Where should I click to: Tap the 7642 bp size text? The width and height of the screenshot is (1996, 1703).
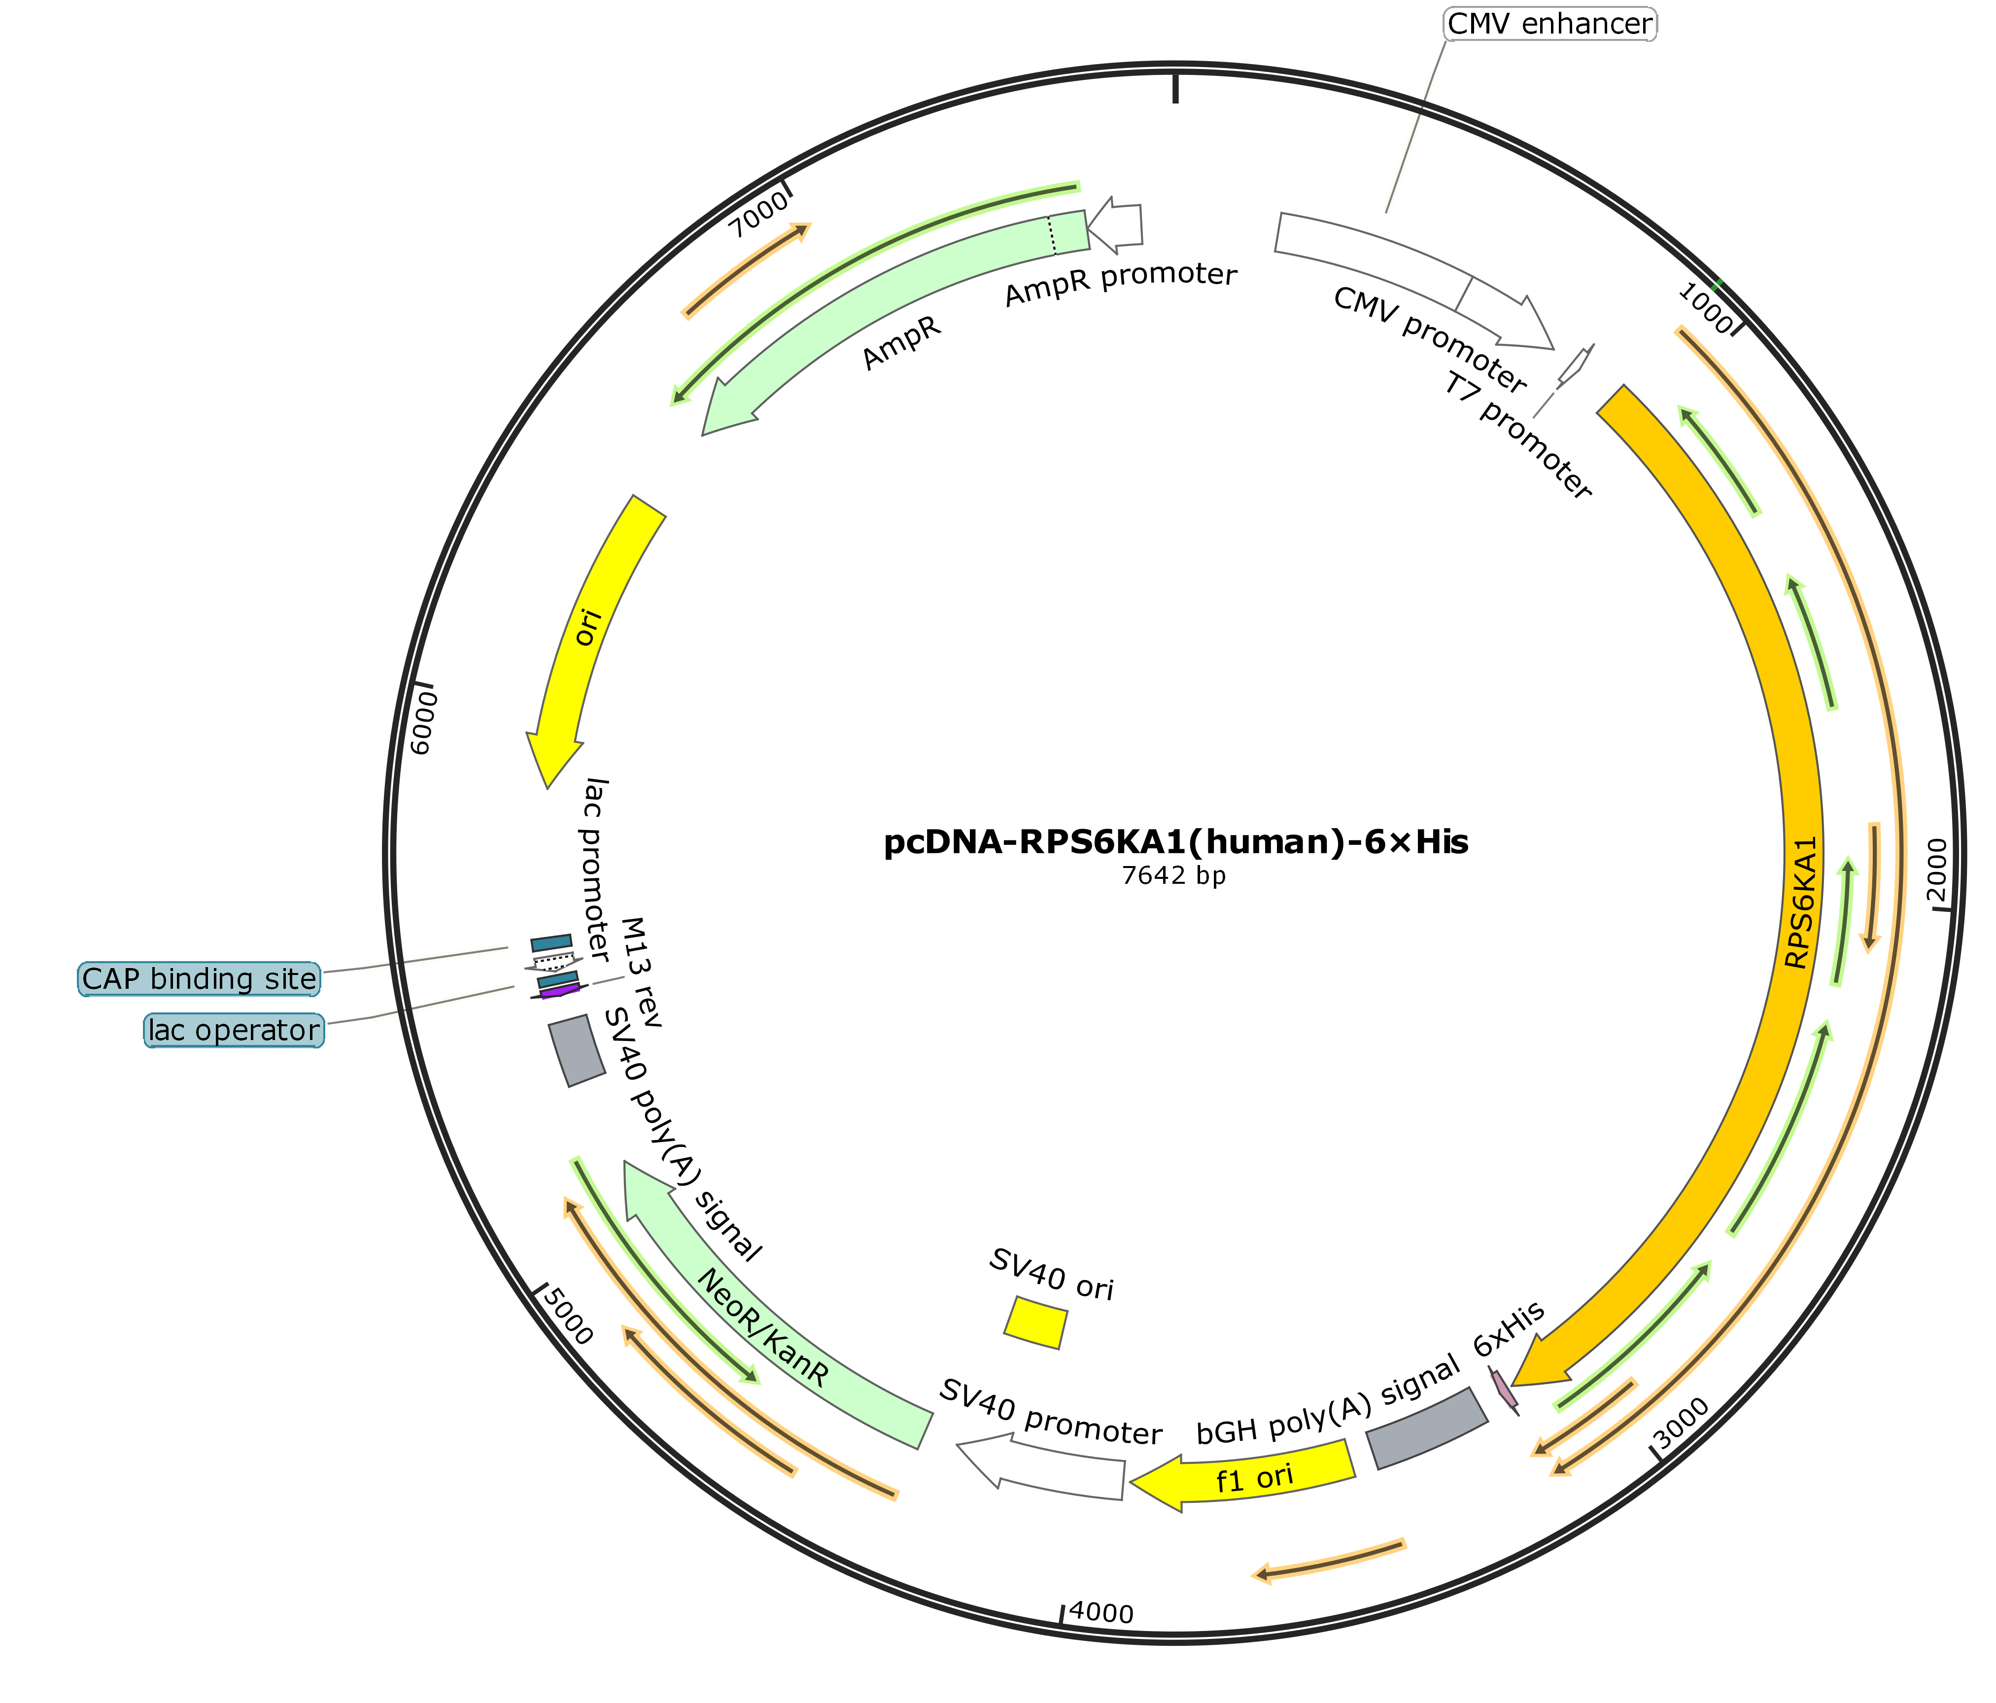coord(1174,876)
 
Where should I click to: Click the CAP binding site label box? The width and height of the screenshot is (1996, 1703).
coord(200,978)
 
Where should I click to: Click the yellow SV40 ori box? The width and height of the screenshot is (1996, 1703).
coord(1035,1322)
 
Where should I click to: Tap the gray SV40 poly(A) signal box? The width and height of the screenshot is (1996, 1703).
coord(576,1050)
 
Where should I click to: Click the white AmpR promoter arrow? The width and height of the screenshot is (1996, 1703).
coord(1115,224)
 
